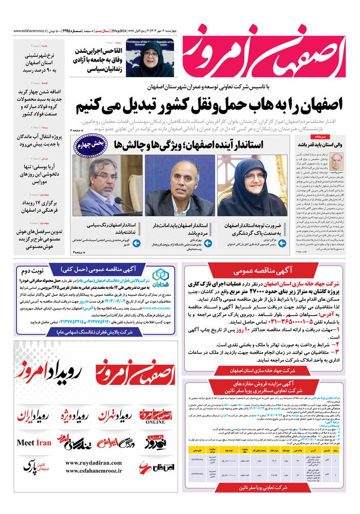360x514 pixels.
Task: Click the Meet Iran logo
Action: (x=34, y=443)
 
